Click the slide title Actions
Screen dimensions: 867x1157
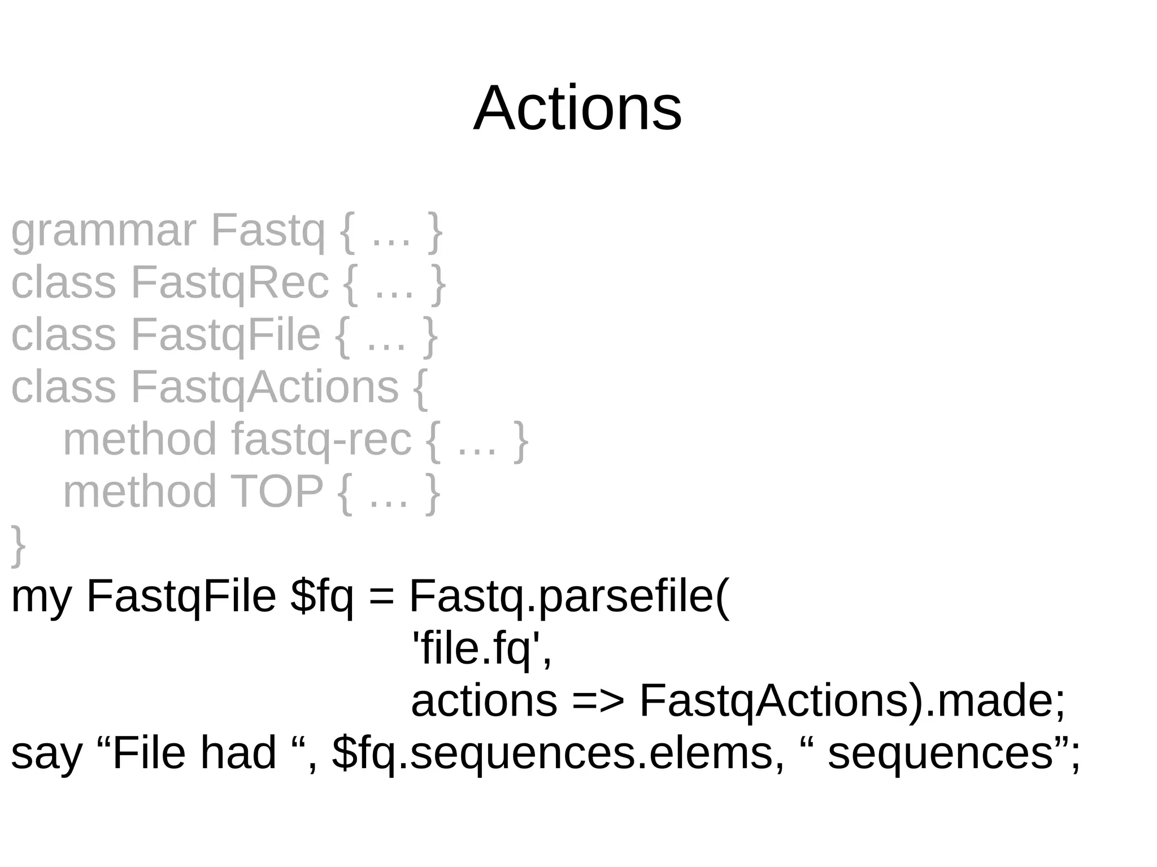point(577,108)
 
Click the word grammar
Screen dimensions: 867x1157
point(103,232)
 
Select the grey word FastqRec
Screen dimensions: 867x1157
point(229,283)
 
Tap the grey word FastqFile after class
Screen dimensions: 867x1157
point(225,335)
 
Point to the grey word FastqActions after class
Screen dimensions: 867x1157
point(265,387)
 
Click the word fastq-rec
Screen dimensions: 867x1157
point(321,439)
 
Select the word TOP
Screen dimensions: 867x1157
point(277,491)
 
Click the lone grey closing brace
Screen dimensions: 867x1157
point(18,544)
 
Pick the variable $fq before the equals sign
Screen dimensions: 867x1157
point(321,597)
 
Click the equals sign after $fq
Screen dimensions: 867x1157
point(381,597)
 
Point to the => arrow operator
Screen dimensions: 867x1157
point(598,702)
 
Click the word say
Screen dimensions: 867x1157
point(46,753)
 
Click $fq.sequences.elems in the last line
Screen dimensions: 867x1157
point(551,753)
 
